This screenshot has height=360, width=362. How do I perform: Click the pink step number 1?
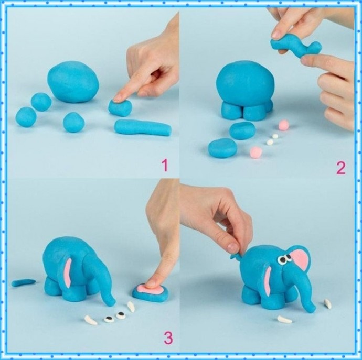[165, 165]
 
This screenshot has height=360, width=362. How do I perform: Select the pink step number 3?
[168, 338]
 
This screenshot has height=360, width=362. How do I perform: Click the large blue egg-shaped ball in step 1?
[73, 81]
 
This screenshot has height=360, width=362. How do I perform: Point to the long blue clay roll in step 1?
[143, 128]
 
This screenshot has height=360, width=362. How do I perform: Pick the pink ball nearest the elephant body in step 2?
[283, 125]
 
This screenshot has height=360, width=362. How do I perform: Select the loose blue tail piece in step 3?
[24, 282]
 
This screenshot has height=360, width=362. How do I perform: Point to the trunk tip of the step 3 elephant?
[112, 302]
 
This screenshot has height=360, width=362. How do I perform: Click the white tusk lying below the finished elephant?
[285, 320]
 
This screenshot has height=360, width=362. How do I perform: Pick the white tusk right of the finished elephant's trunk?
[328, 304]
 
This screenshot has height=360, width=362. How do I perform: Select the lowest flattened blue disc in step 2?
[222, 148]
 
